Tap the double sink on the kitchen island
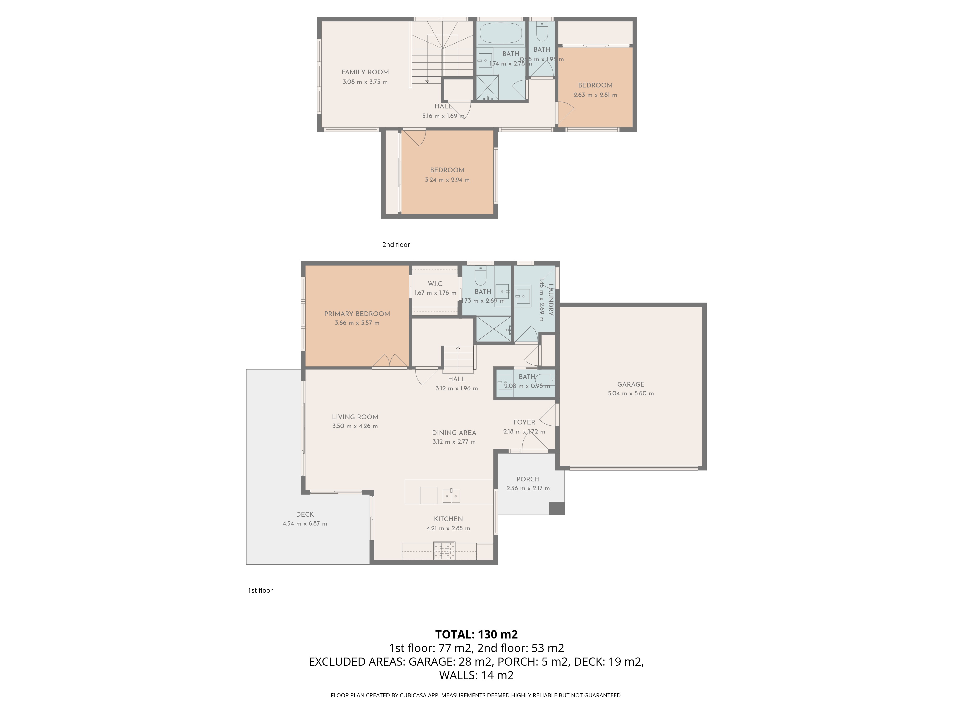(451, 496)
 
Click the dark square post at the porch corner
(557, 509)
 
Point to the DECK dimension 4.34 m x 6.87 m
(304, 524)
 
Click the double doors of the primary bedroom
(390, 361)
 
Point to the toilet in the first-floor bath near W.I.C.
(480, 276)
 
